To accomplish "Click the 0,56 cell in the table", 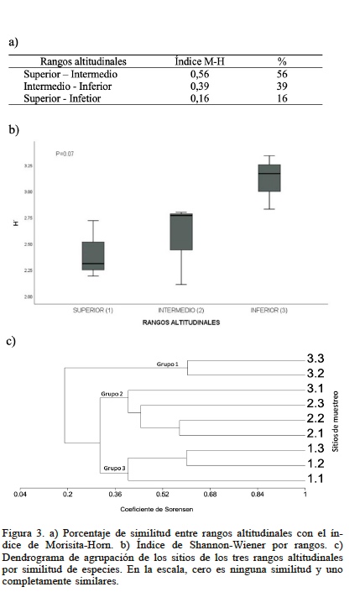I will tap(199, 74).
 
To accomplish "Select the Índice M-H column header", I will tap(200, 61).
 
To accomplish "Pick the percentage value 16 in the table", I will tap(282, 98).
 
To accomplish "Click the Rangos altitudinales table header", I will tap(83, 61).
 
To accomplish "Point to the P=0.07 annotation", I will tap(65, 153).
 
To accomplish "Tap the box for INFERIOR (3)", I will tap(269, 178).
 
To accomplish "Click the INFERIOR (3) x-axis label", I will tap(269, 310).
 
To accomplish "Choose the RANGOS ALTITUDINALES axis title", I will tap(180, 322).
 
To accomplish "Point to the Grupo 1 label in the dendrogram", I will tap(168, 364).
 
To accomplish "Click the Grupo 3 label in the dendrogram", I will tap(115, 467).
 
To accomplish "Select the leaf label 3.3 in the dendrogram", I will tap(315, 359).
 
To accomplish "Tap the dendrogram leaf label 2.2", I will tap(315, 418).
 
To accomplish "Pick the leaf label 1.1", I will tap(315, 479).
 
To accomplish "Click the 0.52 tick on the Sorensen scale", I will tap(163, 495).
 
